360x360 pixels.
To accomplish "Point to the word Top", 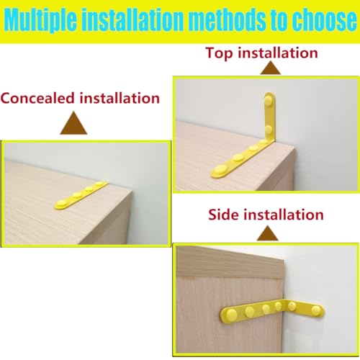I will point(220,53).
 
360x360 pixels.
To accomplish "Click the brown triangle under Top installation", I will point(270,69).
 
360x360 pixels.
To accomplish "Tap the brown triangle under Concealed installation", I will point(74,124).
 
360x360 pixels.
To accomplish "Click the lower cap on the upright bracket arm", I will point(269,129).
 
